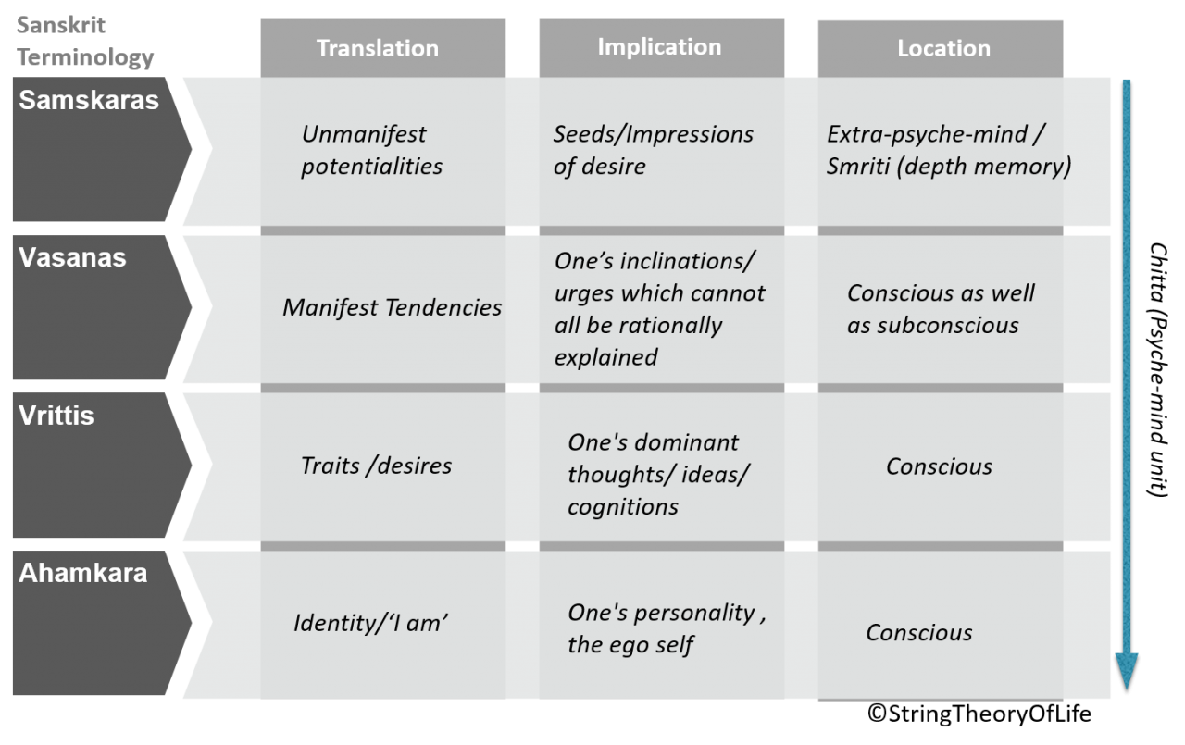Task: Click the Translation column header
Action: pyautogui.click(x=378, y=48)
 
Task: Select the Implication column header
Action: pyautogui.click(x=659, y=47)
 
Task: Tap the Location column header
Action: pyautogui.click(x=943, y=48)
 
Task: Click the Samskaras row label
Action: pyautogui.click(x=89, y=101)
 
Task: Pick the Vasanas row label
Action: pyautogui.click(x=72, y=257)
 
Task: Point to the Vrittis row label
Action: pyautogui.click(x=56, y=416)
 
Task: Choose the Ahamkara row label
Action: pyautogui.click(x=82, y=573)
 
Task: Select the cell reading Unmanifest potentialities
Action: pyautogui.click(x=370, y=150)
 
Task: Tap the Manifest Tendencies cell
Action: pyautogui.click(x=392, y=307)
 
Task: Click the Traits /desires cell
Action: pyautogui.click(x=376, y=465)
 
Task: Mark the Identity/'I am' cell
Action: pyautogui.click(x=370, y=623)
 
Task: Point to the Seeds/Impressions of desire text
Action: pyautogui.click(x=653, y=150)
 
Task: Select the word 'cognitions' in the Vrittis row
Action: pyautogui.click(x=622, y=506)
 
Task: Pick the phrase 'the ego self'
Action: pyautogui.click(x=630, y=645)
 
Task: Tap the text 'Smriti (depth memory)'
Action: pyautogui.click(x=949, y=167)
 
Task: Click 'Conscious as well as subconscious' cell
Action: pyautogui.click(x=940, y=309)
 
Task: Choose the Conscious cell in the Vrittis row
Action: pyautogui.click(x=939, y=466)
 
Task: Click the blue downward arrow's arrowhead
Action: pyautogui.click(x=1126, y=672)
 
